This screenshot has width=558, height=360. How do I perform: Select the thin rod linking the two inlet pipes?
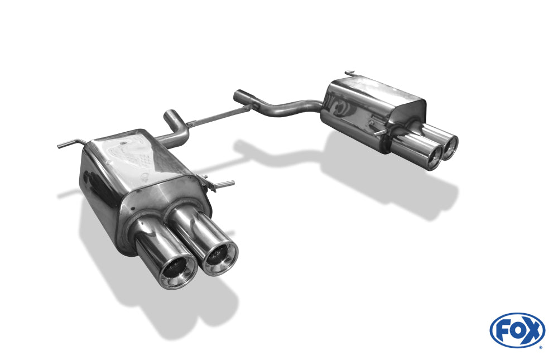(x=217, y=116)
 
